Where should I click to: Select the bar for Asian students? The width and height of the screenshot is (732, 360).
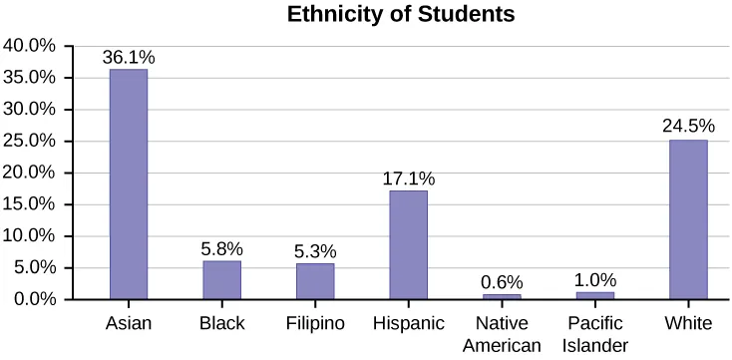pyautogui.click(x=129, y=184)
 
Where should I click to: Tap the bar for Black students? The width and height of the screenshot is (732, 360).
pyautogui.click(x=221, y=280)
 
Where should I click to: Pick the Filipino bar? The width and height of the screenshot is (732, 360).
pyautogui.click(x=315, y=281)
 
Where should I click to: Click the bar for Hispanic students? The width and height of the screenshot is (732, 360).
pyautogui.click(x=408, y=244)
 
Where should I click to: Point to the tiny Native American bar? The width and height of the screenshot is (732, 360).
pyautogui.click(x=502, y=296)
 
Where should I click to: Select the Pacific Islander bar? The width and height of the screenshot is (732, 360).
pyautogui.click(x=594, y=295)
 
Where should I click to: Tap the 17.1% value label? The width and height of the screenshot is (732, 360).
pyautogui.click(x=408, y=180)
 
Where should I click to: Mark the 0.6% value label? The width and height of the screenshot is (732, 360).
pyautogui.click(x=502, y=283)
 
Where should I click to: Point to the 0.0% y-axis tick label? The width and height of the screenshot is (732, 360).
pyautogui.click(x=34, y=299)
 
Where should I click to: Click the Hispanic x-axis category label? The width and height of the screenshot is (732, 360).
pyautogui.click(x=408, y=324)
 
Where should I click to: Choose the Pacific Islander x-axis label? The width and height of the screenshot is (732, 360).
pyautogui.click(x=594, y=334)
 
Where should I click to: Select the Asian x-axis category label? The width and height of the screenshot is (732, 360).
pyautogui.click(x=129, y=324)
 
